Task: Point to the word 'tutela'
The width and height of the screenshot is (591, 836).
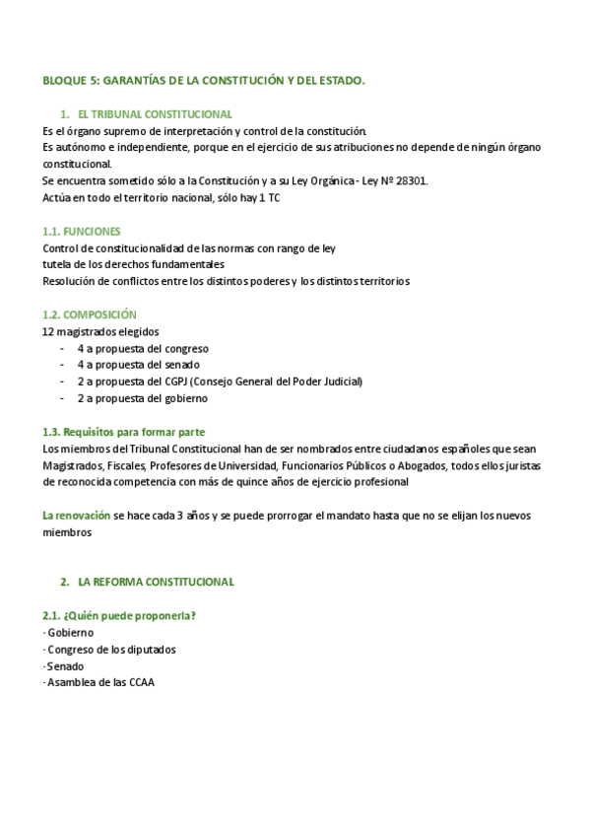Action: pyautogui.click(x=57, y=264)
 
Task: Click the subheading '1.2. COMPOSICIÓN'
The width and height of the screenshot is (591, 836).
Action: pyautogui.click(x=90, y=314)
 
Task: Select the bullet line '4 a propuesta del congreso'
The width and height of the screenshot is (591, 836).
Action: pyautogui.click(x=142, y=348)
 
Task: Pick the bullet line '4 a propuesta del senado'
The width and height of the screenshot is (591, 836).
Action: pyautogui.click(x=139, y=365)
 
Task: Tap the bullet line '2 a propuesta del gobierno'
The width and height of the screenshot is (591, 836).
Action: pyautogui.click(x=142, y=398)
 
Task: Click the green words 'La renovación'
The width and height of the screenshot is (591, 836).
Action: pyautogui.click(x=76, y=516)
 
